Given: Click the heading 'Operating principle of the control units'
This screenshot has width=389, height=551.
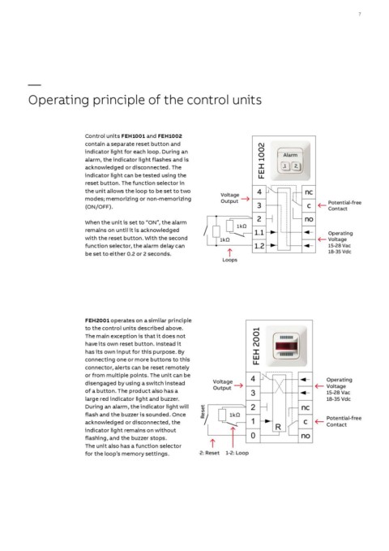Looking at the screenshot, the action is tap(144, 100).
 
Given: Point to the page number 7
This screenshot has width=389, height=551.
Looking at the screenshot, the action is tap(360, 14).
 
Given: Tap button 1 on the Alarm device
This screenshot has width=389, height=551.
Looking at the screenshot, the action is tap(285, 166).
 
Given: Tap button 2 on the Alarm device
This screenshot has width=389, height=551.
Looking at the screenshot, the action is tap(296, 166).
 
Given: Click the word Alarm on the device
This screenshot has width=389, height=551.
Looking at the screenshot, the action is tap(290, 155).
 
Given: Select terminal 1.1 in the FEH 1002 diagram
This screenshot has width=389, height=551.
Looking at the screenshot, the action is tap(259, 233).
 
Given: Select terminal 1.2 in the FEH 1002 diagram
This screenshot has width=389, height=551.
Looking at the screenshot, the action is tap(259, 246).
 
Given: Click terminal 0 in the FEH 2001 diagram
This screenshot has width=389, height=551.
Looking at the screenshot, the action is tap(253, 436).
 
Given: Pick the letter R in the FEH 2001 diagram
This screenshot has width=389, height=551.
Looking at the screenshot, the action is tap(278, 427).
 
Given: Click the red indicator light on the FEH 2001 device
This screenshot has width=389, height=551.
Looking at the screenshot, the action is tap(287, 346).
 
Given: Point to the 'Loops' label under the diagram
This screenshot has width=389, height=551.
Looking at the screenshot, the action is tap(229, 260).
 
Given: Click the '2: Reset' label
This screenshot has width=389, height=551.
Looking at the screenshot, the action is tap(210, 453).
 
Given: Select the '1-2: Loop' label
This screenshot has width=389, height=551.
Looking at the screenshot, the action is tap(237, 453).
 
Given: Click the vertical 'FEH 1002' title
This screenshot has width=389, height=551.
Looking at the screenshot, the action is tap(261, 161).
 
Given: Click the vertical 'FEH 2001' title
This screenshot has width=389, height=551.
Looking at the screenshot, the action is tap(256, 347).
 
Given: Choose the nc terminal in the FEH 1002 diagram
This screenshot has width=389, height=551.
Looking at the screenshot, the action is tap(309, 192).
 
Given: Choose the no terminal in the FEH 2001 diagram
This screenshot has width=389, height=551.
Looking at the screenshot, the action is tap(306, 436).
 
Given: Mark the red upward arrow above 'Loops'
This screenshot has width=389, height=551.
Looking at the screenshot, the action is tap(229, 252).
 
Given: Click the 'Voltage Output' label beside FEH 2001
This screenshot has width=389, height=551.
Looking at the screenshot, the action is tap(223, 385).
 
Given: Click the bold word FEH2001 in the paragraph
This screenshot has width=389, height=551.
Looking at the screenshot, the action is tap(97, 321).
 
